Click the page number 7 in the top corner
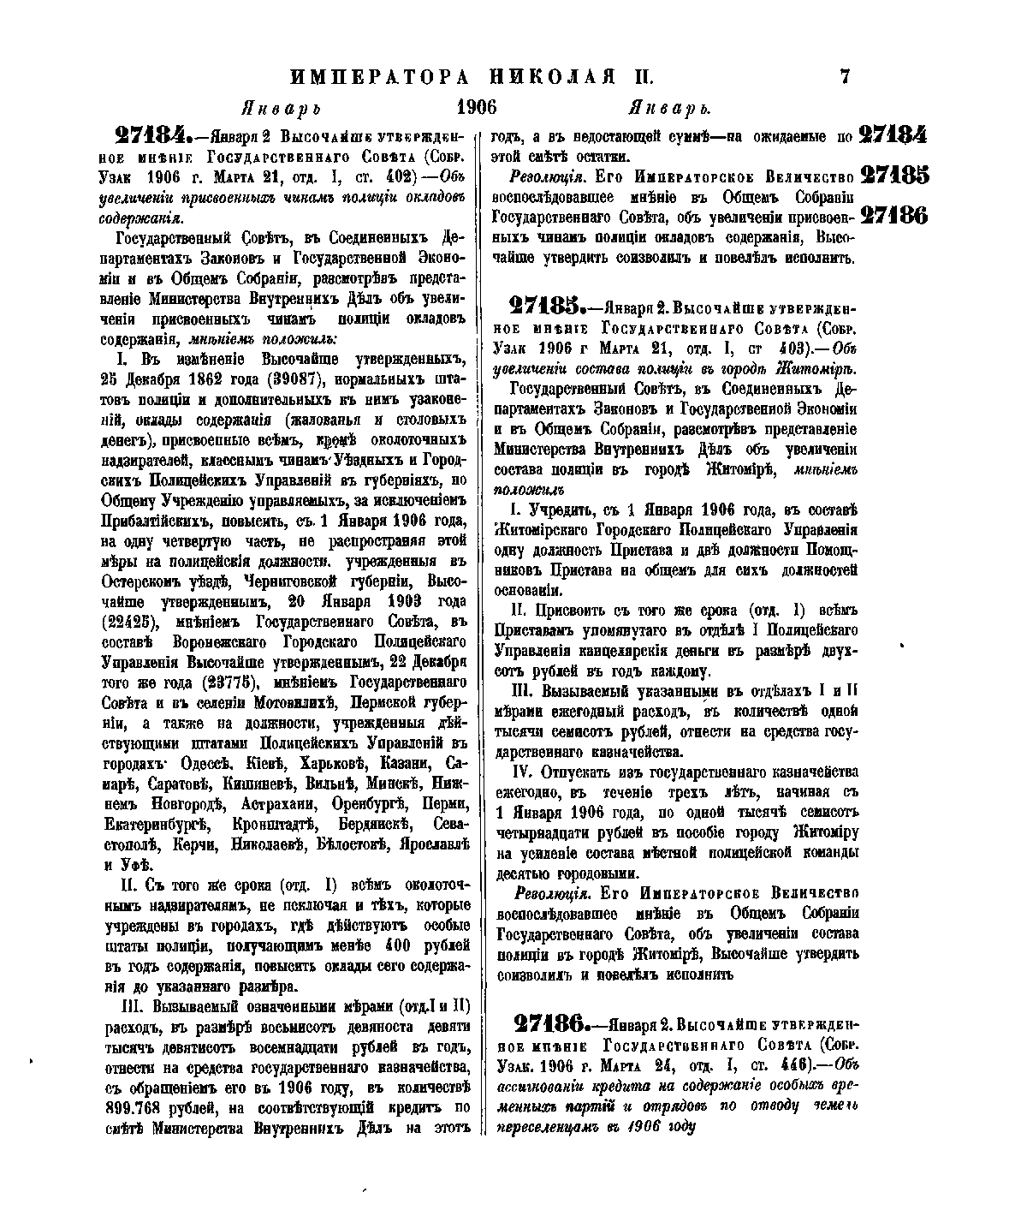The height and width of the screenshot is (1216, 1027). coord(845,76)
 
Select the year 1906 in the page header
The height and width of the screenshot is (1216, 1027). coord(477,108)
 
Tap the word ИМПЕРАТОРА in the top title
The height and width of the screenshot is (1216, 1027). coord(379,77)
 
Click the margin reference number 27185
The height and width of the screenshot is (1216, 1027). coord(893,176)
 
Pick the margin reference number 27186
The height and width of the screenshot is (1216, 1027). coord(893,214)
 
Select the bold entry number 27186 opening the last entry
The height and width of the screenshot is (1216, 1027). coord(549,1023)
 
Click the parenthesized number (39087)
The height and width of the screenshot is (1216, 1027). coord(299,402)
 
